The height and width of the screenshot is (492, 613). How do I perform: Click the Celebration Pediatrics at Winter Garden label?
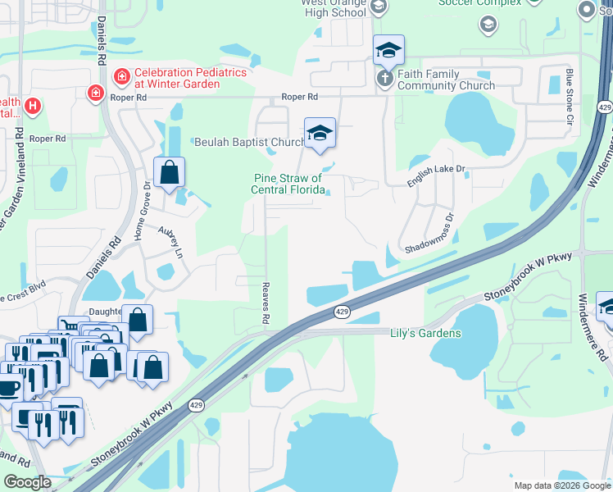(x=190, y=79)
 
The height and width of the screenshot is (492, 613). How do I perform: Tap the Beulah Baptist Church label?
(x=249, y=142)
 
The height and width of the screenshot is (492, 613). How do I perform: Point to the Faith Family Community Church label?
(x=446, y=80)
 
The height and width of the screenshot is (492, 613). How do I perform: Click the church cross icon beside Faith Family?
(x=384, y=79)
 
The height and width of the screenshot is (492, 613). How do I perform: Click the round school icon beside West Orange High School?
(x=378, y=7)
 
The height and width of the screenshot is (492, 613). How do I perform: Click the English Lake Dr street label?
(x=437, y=176)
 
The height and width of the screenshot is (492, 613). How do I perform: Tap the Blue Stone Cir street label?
(x=569, y=98)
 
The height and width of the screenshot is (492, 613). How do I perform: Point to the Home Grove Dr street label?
(x=148, y=210)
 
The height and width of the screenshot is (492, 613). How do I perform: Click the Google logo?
(x=28, y=481)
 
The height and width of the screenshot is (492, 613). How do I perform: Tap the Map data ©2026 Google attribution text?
(x=561, y=485)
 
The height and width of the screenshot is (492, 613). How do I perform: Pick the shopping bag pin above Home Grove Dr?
(x=169, y=174)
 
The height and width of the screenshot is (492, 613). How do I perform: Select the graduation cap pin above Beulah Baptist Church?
(x=320, y=134)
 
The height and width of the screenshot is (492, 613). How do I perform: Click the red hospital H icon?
(x=32, y=106)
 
